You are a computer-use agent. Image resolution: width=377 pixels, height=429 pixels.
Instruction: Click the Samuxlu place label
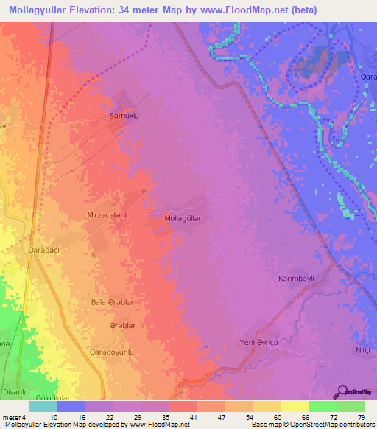pyautogui.click(x=124, y=116)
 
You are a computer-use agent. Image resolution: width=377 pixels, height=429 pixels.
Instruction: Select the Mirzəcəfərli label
pyautogui.click(x=107, y=215)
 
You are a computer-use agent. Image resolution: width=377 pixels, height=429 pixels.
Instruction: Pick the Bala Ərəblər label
pyautogui.click(x=111, y=302)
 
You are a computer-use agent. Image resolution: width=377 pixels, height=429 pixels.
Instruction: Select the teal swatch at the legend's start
pyautogui.click(x=43, y=405)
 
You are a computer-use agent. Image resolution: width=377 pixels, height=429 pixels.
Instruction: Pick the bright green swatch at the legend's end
pyautogui.click(x=351, y=405)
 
